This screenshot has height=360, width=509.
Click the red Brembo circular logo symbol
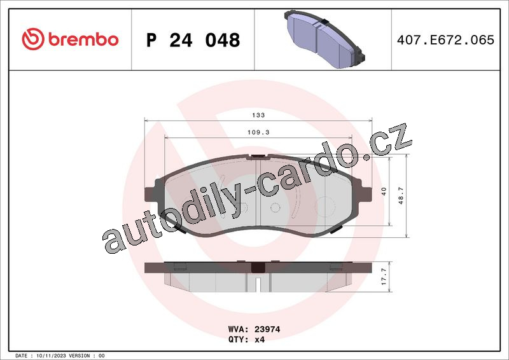click(x=33, y=39)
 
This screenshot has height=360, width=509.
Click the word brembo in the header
click(x=83, y=39)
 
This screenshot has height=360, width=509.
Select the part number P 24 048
click(x=193, y=40)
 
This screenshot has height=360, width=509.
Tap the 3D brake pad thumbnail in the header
click(x=324, y=39)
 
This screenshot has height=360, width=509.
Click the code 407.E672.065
click(x=445, y=39)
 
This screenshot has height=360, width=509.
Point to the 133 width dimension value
click(x=258, y=115)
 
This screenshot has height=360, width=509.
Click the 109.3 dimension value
click(x=258, y=132)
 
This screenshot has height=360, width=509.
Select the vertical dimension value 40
click(x=384, y=191)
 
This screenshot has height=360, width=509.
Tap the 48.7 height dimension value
click(x=401, y=195)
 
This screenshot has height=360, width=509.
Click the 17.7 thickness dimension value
click(x=384, y=277)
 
